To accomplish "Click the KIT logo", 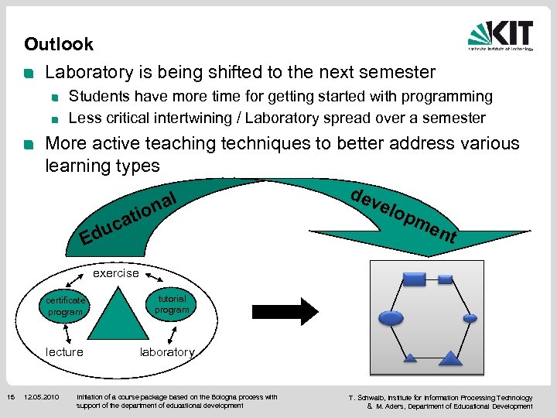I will [501, 35].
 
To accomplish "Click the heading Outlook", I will [59, 44].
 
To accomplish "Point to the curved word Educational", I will [132, 214].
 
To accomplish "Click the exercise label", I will [116, 272].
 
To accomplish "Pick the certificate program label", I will [65, 307].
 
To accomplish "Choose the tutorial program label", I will [172, 304].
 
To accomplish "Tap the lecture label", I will [65, 352].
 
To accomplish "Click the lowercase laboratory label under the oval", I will [167, 352].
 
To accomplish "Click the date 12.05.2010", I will [42, 398].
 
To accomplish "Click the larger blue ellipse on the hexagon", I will [391, 317].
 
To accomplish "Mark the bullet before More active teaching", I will [29, 145].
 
